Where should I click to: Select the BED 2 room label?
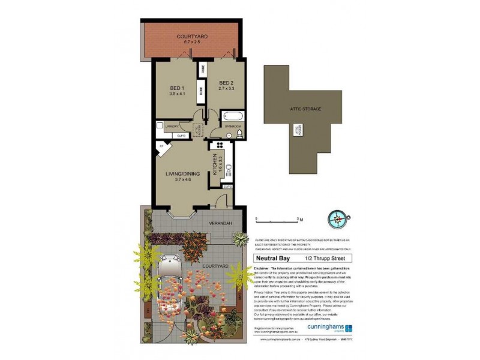point(226,83)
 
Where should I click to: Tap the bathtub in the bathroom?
point(232,116)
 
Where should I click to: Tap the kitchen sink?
point(229,169)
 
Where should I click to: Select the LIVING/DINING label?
point(181,175)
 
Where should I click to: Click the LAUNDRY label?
point(172,127)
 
